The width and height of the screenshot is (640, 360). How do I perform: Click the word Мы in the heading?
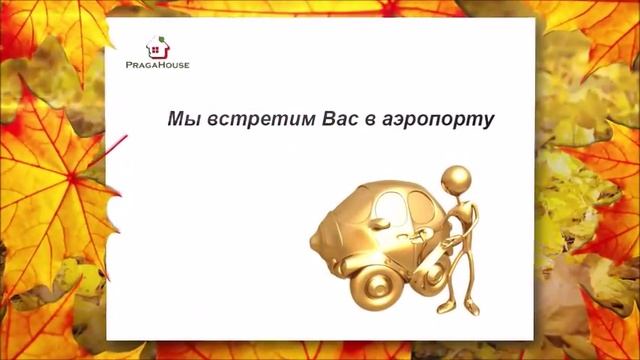pyautogui.click(x=181, y=119)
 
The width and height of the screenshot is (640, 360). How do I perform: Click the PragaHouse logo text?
pyautogui.click(x=158, y=64)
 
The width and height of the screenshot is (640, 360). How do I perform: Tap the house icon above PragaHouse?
pyautogui.click(x=158, y=47)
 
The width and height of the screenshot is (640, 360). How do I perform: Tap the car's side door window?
pyautogui.click(x=397, y=211)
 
